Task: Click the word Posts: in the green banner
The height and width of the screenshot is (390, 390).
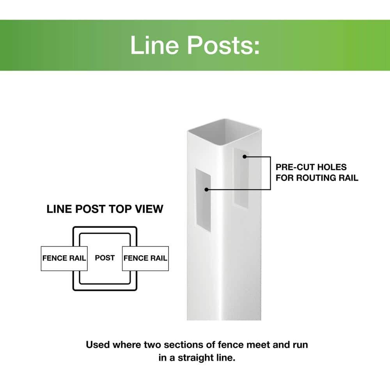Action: tap(223, 45)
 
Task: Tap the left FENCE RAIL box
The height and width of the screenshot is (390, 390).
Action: tap(64, 258)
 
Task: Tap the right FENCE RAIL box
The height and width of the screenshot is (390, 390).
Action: tap(145, 258)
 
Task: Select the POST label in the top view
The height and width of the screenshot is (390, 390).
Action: tap(105, 258)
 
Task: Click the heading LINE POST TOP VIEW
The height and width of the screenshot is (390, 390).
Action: tap(105, 209)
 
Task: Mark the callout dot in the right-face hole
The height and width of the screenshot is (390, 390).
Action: tap(245, 157)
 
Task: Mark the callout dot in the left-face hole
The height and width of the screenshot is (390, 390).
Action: tap(206, 190)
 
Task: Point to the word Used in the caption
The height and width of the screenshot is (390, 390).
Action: tap(97, 345)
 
